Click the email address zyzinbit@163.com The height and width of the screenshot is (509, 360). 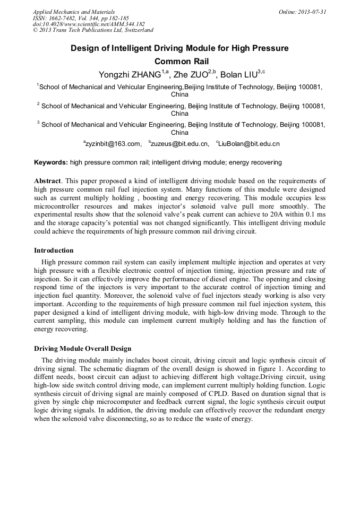(113, 143)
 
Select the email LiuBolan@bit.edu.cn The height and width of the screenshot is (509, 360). (249, 143)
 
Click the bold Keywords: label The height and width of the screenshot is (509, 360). (51, 162)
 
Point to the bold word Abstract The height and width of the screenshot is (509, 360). (48, 181)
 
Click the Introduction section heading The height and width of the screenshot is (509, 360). (54, 250)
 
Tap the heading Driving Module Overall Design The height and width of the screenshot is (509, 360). (82, 349)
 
